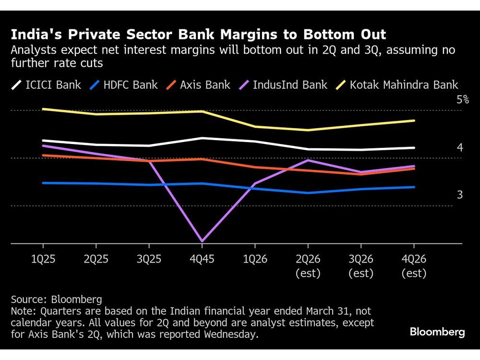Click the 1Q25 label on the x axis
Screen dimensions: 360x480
(x=43, y=259)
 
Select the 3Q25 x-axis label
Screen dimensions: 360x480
(x=149, y=259)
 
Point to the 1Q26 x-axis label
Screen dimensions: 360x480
(x=255, y=259)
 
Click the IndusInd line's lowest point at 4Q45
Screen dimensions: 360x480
(x=202, y=241)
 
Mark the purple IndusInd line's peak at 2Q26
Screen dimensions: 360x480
(x=308, y=160)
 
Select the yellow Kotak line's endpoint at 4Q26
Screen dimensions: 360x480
(x=414, y=120)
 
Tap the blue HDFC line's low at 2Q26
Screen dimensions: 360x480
(x=308, y=193)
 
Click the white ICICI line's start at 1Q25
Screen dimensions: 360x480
(x=43, y=141)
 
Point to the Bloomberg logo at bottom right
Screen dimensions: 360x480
(x=437, y=332)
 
